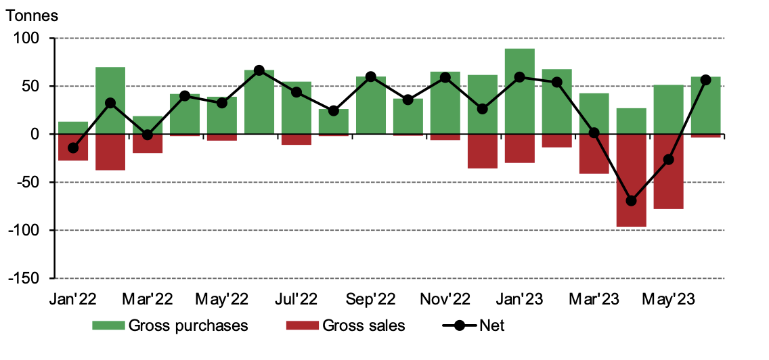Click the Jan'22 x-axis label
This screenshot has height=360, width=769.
click(73, 298)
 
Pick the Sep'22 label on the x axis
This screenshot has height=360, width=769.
click(371, 298)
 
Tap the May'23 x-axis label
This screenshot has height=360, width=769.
click(669, 298)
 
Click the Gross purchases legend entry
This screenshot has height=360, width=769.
click(171, 325)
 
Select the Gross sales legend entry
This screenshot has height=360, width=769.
click(346, 325)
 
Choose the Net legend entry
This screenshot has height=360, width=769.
click(474, 325)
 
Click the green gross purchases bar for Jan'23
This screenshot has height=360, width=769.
click(520, 91)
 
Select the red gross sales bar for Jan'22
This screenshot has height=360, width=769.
click(73, 147)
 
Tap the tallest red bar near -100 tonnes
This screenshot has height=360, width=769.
click(632, 180)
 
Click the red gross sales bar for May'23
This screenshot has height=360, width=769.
click(669, 171)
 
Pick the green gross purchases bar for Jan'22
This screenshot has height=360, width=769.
click(73, 128)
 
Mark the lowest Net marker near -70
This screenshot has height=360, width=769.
click(632, 201)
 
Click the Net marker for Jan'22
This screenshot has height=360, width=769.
click(73, 148)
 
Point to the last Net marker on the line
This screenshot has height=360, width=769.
click(705, 80)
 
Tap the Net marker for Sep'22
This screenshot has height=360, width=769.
click(371, 76)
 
